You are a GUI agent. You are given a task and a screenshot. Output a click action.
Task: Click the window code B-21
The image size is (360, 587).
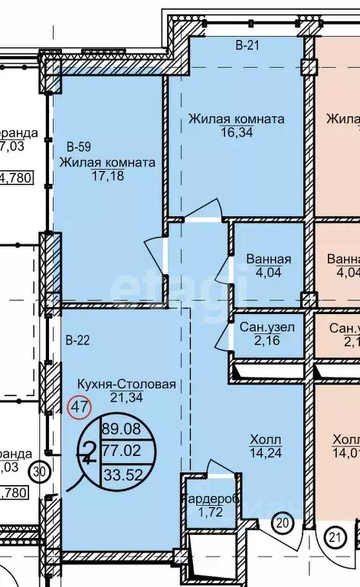(x=247, y=46)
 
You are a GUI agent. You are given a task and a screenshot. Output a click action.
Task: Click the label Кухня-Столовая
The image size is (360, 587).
(x=126, y=384)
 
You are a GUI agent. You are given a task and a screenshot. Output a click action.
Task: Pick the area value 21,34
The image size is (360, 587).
(x=126, y=398)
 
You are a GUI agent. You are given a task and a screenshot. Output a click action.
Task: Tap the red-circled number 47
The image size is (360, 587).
(x=80, y=406)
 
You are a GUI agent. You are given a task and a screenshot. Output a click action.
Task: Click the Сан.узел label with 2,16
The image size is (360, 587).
(x=267, y=327)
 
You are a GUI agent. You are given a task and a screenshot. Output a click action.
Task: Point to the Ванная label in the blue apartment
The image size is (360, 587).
(x=268, y=258)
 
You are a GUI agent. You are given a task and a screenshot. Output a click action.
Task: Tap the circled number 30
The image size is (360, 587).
(x=40, y=471)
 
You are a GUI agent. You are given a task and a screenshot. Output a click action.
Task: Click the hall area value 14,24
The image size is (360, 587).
(x=265, y=453)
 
